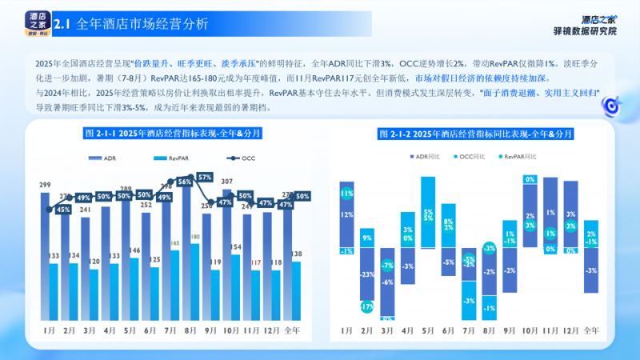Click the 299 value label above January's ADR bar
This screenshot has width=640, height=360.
pos(44,185)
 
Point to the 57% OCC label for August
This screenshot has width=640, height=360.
pos(205,176)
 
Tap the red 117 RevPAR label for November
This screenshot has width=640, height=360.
pos(255,262)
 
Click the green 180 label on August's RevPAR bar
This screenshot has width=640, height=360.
pos(195,237)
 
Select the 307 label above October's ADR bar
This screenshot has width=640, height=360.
pos(227,182)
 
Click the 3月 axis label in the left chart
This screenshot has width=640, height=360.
pos(88,330)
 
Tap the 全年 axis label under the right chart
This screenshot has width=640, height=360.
pos(590,330)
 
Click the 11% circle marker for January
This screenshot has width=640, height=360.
pos(346,193)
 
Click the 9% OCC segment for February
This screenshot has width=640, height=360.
pos(367,238)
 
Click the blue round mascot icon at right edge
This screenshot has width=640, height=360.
pos(613,104)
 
